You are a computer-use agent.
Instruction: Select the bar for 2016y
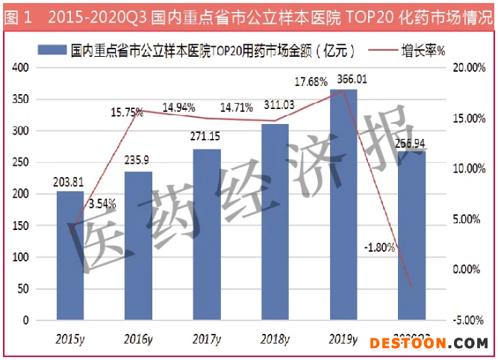tap(138, 246)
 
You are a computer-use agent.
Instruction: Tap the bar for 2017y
tap(207, 235)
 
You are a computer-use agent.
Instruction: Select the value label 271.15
tap(207, 137)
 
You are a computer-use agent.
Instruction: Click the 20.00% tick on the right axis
tap(469, 68)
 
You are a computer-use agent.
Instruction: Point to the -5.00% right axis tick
tap(469, 320)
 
